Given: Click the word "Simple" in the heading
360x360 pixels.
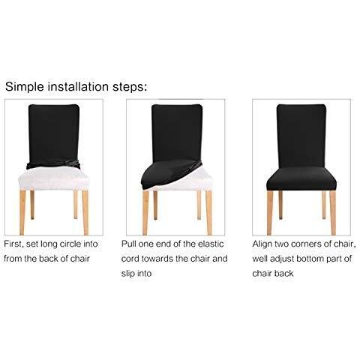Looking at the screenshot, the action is [25, 87].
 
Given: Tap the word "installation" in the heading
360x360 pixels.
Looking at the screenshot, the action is [78, 86].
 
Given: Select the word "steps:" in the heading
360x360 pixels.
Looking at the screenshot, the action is [130, 87].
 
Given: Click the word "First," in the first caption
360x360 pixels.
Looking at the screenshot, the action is [13, 244].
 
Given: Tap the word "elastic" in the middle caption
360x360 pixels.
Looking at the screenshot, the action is [211, 244].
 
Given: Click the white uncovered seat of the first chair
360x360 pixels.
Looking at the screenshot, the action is [53, 178].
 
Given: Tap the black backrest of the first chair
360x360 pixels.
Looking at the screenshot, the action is [54, 133].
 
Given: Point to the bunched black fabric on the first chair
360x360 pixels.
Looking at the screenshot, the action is [53, 164].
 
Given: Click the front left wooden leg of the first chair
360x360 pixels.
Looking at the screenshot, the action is [22, 212].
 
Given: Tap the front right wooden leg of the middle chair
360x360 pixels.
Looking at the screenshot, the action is [209, 212].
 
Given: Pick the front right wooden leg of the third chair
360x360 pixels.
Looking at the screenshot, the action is [333, 213].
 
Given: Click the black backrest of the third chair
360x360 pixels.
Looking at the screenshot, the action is [301, 136].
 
